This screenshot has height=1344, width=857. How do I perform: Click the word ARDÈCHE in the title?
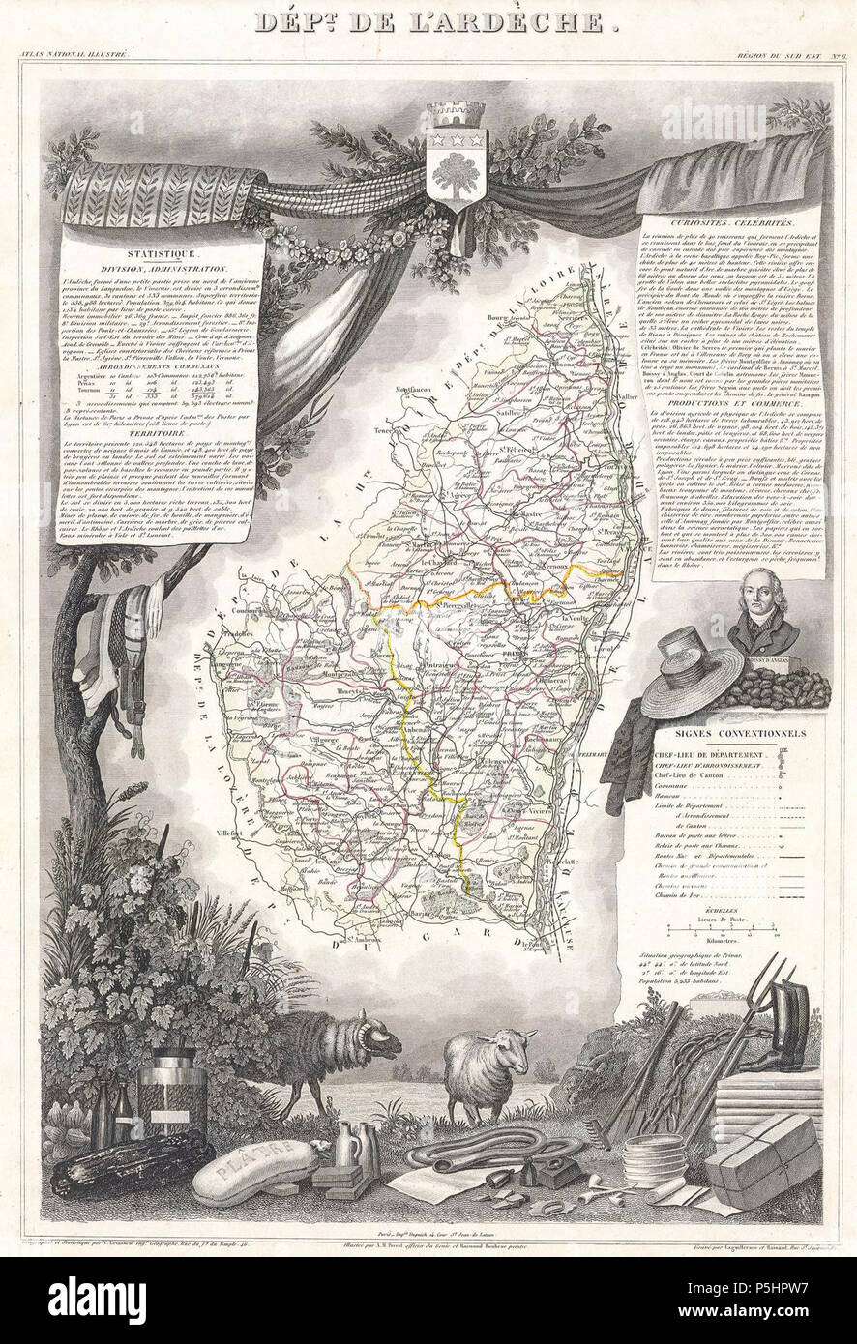click(x=514, y=22)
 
